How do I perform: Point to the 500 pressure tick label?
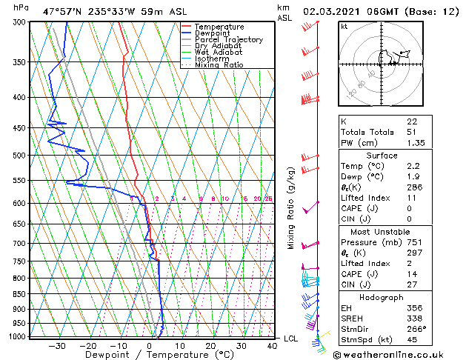(19, 156)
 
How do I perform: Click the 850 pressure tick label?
(19, 294)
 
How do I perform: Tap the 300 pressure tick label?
(19, 22)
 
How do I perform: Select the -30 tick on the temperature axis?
(57, 345)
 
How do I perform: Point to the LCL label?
(291, 339)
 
